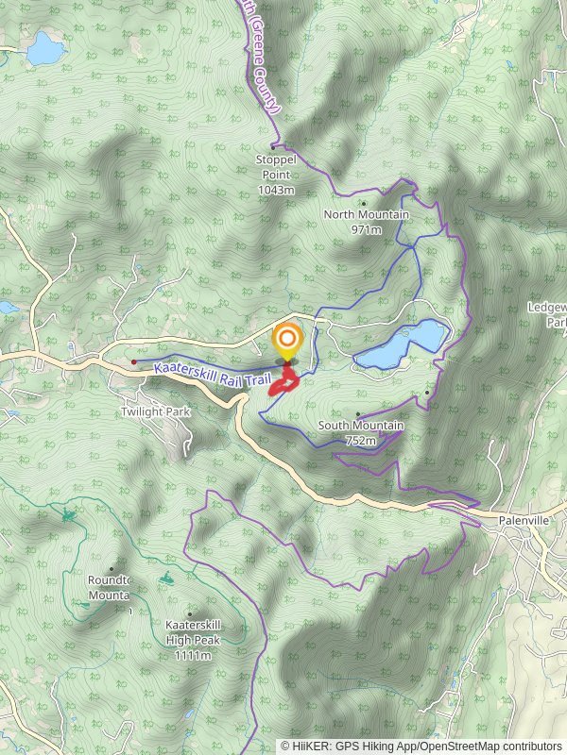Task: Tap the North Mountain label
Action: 366,214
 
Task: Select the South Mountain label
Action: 360,426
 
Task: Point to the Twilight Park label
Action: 156,412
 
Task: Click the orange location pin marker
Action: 286,341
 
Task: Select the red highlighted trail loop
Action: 283,383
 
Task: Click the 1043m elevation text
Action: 276,190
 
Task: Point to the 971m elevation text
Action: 366,229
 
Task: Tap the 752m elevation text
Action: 360,441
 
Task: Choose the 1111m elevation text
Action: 193,654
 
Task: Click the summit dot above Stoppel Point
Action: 273,147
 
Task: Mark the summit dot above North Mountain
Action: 363,202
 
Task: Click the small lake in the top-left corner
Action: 44,47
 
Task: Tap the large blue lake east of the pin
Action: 404,344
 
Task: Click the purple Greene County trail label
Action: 262,57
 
